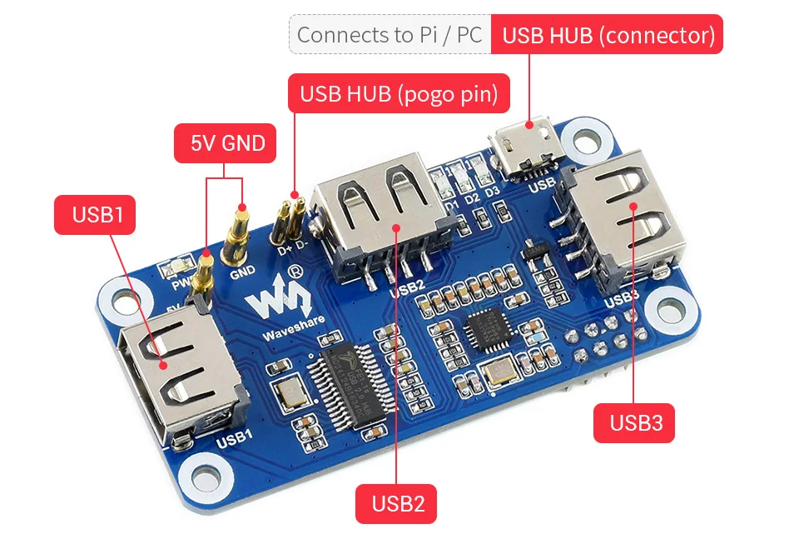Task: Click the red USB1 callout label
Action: pos(97,214)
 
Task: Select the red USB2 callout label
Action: pos(397,503)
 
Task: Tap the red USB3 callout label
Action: pos(634,422)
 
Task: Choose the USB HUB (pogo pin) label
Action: pos(398,93)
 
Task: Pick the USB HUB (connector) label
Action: pos(608,35)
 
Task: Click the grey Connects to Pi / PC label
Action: pos(390,35)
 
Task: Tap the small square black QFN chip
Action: pos(486,332)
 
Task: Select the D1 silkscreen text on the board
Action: pos(450,200)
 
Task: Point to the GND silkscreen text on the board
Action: pos(242,272)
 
